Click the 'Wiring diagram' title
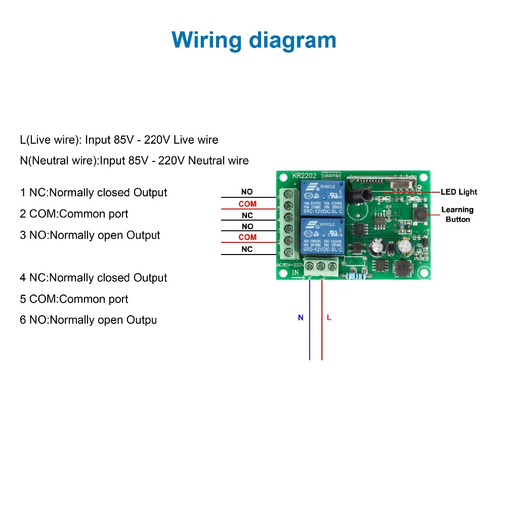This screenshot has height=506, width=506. [x=254, y=40]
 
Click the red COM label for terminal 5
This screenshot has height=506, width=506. [x=247, y=204]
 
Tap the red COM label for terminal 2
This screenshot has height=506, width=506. [x=247, y=237]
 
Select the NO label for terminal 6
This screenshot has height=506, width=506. [x=247, y=192]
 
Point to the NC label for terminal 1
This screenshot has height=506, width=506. [x=247, y=249]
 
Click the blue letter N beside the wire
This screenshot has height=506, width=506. [x=301, y=318]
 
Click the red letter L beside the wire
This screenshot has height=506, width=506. [x=329, y=318]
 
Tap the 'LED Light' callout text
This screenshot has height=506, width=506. [x=458, y=192]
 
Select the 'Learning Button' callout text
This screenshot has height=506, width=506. [x=457, y=214]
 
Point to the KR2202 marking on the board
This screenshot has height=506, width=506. [x=304, y=176]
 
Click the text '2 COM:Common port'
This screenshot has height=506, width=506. [x=74, y=214]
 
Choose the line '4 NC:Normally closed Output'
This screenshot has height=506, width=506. [x=93, y=277]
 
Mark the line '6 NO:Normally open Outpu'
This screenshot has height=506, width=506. [x=88, y=320]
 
